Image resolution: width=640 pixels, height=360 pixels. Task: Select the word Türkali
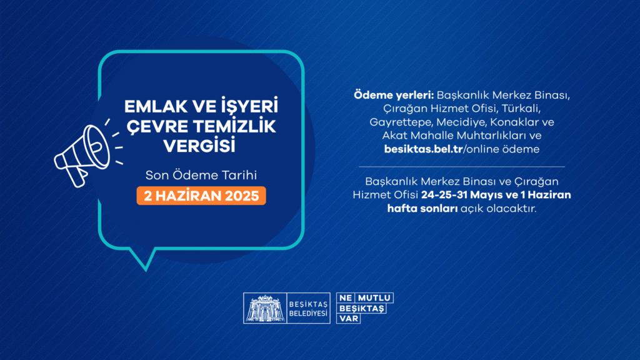pyautogui.click(x=529, y=109)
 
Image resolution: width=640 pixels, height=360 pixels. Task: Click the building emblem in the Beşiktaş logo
pyautogui.click(x=262, y=308)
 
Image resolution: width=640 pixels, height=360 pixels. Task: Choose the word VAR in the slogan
pyautogui.click(x=346, y=318)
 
